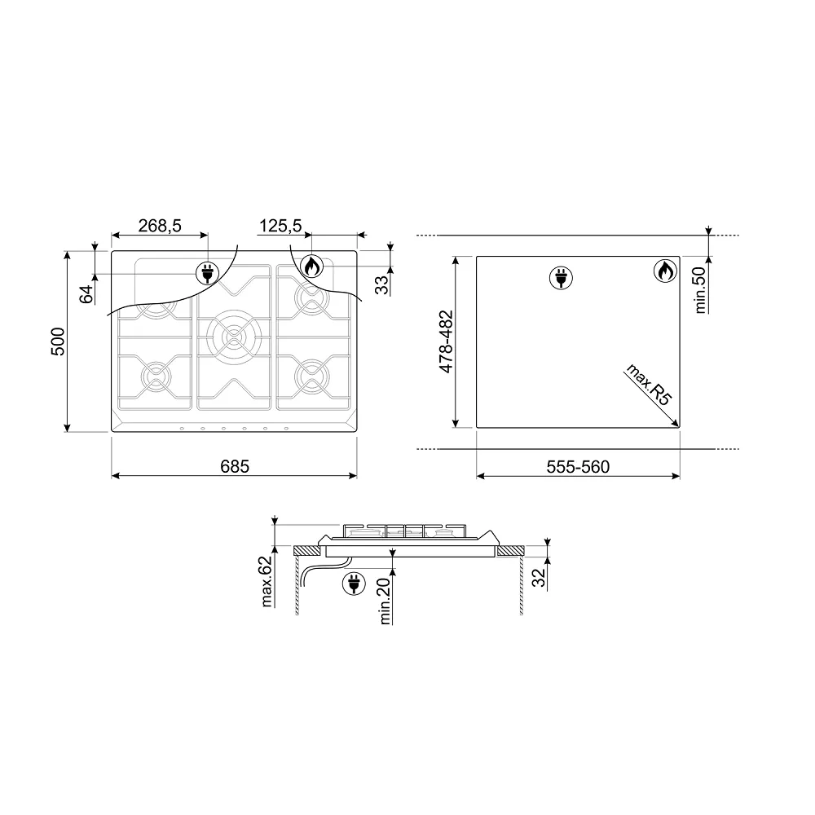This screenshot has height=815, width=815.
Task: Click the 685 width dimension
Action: click(x=235, y=466)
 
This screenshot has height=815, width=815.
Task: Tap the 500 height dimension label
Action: click(x=58, y=341)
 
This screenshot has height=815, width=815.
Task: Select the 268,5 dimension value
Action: click(x=160, y=226)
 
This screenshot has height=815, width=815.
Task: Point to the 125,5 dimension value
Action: click(x=280, y=226)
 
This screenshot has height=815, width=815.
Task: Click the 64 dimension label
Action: click(x=86, y=294)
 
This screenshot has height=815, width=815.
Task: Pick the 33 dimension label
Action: click(x=381, y=284)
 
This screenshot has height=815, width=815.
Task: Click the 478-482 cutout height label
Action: click(x=446, y=341)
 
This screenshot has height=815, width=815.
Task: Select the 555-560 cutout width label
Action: click(x=578, y=467)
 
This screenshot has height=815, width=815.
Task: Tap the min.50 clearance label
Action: click(x=700, y=290)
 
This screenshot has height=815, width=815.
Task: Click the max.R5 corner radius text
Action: click(x=650, y=385)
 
